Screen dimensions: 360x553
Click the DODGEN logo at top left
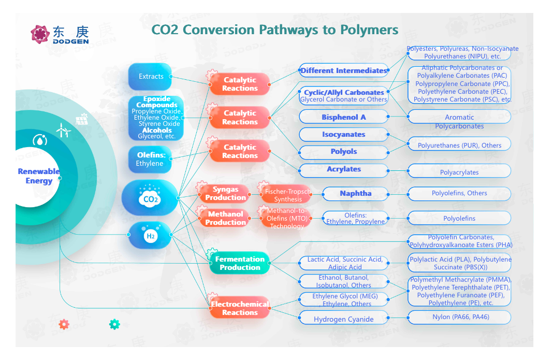[x=60, y=34]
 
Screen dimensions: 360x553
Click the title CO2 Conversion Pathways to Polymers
[x=275, y=29]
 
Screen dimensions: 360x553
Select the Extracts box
[x=150, y=77]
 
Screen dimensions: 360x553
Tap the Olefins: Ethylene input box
[x=150, y=160]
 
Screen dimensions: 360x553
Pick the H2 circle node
[x=150, y=236]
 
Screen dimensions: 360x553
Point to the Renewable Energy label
[x=39, y=176]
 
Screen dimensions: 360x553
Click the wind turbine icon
[x=63, y=129]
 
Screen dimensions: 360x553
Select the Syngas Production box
[x=225, y=194]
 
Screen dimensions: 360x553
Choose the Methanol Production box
[x=225, y=218]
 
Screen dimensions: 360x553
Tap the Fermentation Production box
[x=240, y=263]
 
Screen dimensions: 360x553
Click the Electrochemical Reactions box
[x=240, y=308]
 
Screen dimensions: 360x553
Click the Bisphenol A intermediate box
[x=343, y=117]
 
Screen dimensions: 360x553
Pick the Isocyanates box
[x=343, y=135]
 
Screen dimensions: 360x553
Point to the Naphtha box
[x=355, y=194]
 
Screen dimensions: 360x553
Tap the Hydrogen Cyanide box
[x=343, y=319]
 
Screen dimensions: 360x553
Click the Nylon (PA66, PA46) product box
[x=460, y=317]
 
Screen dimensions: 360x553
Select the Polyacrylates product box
[x=459, y=172]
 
